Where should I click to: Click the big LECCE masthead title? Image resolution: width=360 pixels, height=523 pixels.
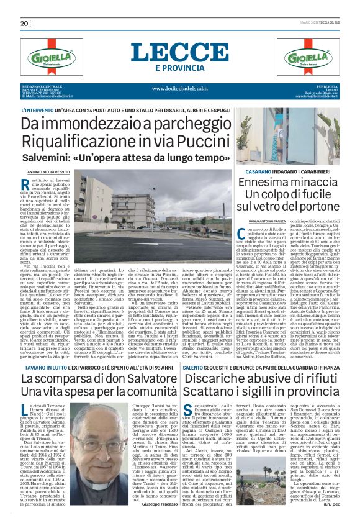[x=180, y=53]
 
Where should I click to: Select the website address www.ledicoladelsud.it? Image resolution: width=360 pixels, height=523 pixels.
[x=180, y=89]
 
